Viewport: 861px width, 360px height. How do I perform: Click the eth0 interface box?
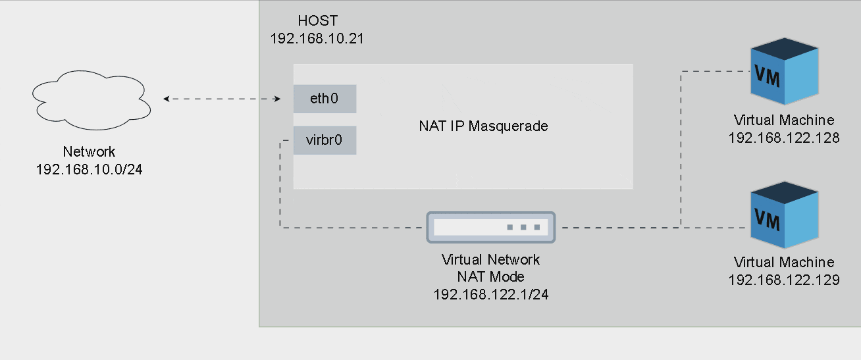[325, 99]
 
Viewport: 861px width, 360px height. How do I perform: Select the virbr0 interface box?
[325, 140]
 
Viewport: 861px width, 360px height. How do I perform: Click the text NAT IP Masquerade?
[483, 126]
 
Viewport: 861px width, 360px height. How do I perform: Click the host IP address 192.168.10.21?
[317, 38]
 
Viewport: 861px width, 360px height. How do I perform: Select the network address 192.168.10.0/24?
[90, 169]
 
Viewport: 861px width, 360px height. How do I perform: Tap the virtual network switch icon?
[490, 227]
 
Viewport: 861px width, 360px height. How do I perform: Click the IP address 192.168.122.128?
[784, 138]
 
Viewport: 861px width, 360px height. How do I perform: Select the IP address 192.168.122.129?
[784, 280]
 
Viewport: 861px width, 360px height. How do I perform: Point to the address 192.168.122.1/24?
[490, 294]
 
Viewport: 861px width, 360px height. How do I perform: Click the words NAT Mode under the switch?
[490, 276]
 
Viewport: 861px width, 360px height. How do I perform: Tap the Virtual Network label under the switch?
[490, 259]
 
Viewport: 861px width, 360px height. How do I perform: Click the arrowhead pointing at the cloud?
[167, 99]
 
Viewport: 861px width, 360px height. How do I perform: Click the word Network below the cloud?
[90, 152]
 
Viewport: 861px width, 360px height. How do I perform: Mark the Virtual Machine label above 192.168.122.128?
[784, 120]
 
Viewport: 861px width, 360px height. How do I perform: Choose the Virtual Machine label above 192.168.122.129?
[784, 263]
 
